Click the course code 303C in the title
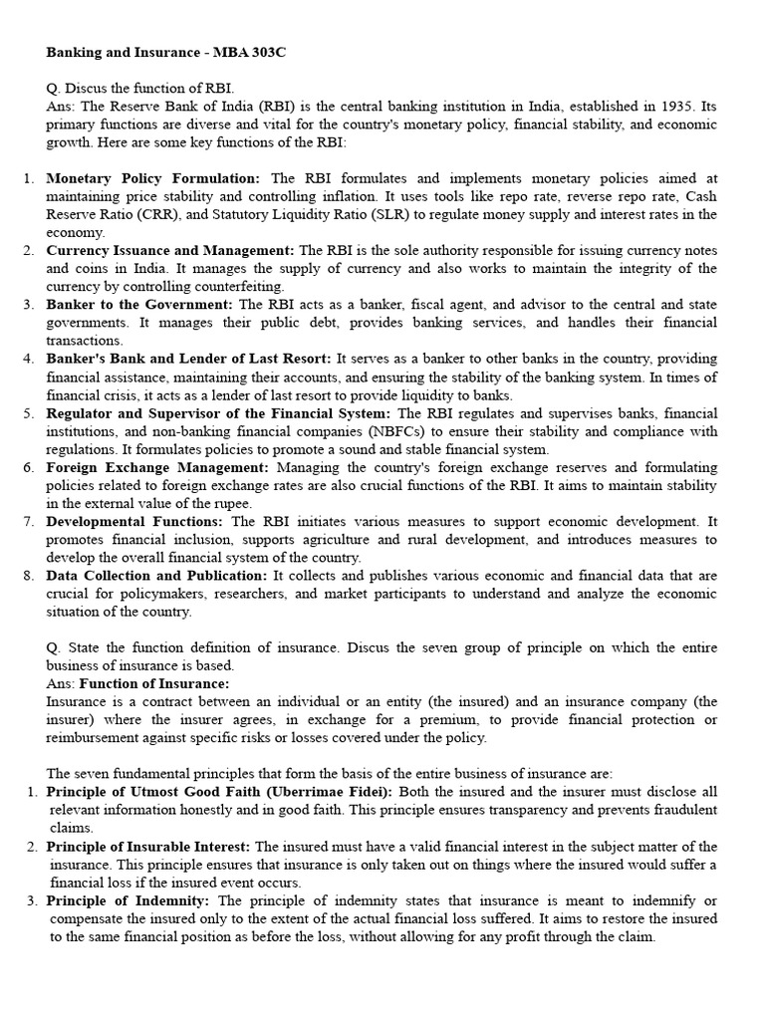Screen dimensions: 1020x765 [268, 52]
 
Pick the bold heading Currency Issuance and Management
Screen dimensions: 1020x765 [170, 250]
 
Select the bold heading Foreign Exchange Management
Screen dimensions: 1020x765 [157, 466]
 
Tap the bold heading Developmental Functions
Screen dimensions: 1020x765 [136, 521]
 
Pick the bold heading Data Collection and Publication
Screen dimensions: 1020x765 [156, 576]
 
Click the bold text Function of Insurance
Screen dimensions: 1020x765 [154, 683]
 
